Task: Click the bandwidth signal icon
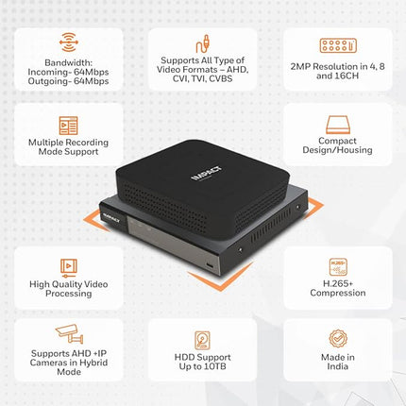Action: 69,42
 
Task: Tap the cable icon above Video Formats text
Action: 203,43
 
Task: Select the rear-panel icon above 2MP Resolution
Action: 338,45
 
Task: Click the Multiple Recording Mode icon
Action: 68,126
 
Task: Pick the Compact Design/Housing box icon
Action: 338,125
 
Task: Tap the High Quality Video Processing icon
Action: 69,267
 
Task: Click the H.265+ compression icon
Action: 338,267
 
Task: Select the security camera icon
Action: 69,334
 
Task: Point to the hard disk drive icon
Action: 202,340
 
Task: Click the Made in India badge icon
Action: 338,338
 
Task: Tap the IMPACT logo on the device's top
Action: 207,174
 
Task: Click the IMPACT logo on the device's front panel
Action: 111,218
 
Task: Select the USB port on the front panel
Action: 210,265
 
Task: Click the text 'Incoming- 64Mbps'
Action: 68,72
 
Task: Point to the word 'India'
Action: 338,366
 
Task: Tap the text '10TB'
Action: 215,366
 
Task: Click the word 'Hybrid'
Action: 93,363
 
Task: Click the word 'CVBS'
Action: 221,78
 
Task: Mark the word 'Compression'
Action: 338,293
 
